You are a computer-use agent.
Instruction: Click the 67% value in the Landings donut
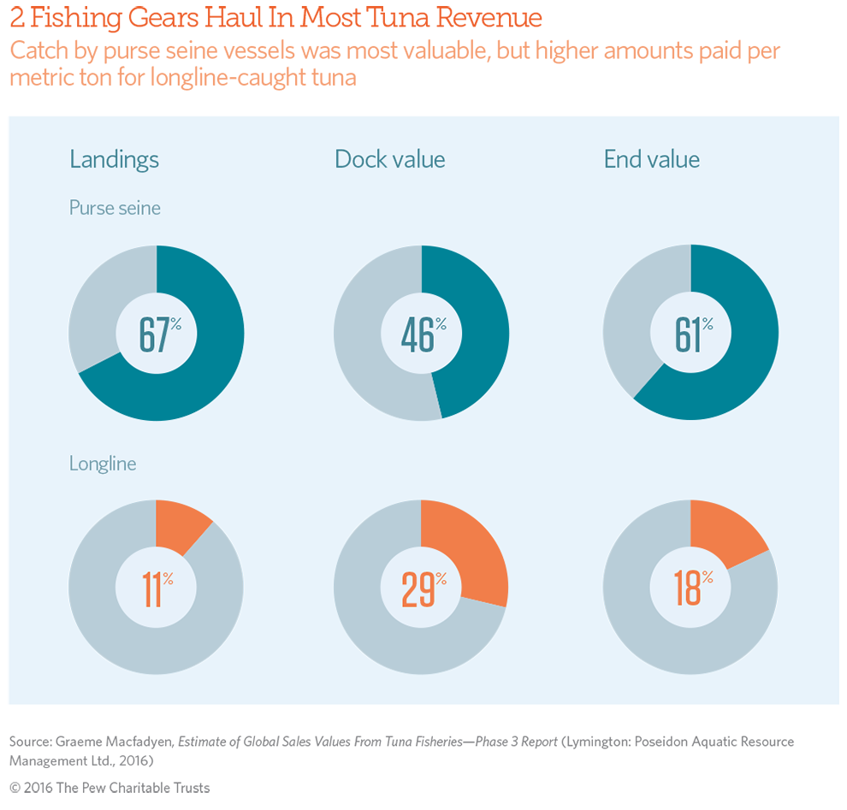pyautogui.click(x=159, y=334)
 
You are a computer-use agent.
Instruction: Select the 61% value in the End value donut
pyautogui.click(x=692, y=334)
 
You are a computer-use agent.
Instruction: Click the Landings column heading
pyautogui.click(x=114, y=160)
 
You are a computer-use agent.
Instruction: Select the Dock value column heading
pyautogui.click(x=389, y=160)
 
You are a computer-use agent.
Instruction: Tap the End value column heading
pyautogui.click(x=651, y=160)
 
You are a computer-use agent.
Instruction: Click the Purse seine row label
pyautogui.click(x=115, y=208)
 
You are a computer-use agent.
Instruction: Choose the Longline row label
pyautogui.click(x=103, y=464)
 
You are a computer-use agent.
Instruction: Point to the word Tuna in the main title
pyautogui.click(x=401, y=18)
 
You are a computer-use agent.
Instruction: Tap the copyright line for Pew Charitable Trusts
pyautogui.click(x=110, y=788)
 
